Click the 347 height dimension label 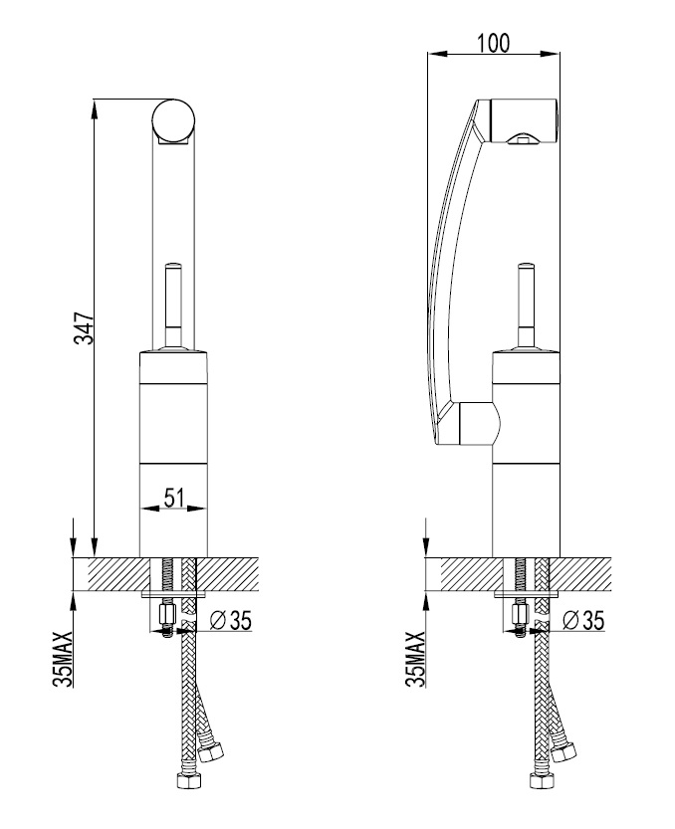click(x=85, y=328)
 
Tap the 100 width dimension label click(x=494, y=43)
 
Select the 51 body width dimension click(x=173, y=498)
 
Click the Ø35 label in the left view click(x=230, y=620)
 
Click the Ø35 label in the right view click(x=583, y=620)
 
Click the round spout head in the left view click(x=173, y=120)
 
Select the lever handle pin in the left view click(x=173, y=306)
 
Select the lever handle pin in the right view click(x=527, y=306)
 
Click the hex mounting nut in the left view click(x=166, y=614)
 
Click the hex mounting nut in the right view click(x=520, y=614)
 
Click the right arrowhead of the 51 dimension click(x=197, y=509)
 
